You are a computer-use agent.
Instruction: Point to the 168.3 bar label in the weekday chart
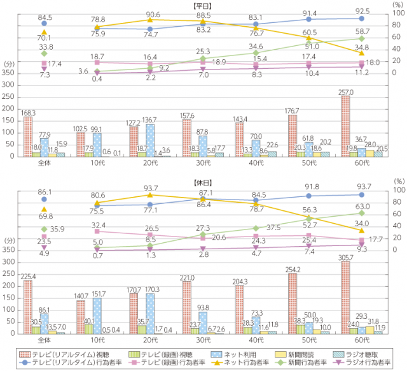pos(28,113)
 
